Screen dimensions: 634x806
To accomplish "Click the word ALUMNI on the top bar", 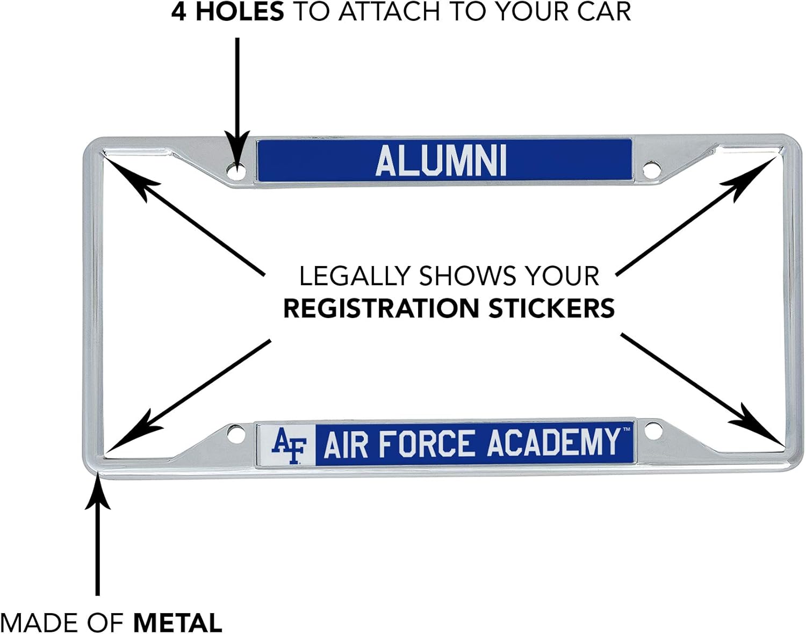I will coord(441,161).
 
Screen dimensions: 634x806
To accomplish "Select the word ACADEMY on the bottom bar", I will coord(553,443).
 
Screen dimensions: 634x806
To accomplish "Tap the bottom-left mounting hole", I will coord(235,433).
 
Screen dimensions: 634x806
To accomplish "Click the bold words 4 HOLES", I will coord(227,12).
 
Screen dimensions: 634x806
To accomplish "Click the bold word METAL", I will coord(177,623).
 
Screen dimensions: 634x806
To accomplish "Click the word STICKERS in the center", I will coord(551,308).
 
